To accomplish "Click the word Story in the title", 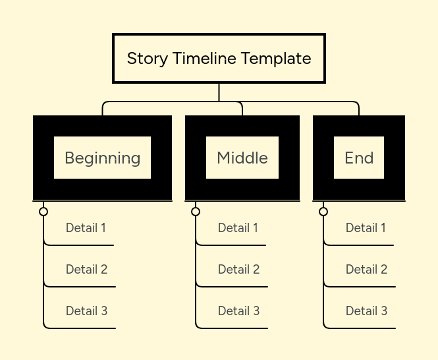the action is (148, 59).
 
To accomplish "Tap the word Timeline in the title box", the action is (204, 58).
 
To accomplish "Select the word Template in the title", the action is (276, 59).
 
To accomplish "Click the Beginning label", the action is (103, 158).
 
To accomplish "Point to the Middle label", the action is (242, 158).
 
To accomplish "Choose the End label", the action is (359, 158).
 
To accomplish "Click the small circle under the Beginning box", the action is (43, 212).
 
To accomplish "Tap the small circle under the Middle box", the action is (196, 212).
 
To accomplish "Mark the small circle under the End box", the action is (323, 212).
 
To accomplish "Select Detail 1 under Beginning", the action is (86, 227).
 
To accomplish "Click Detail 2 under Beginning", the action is (86, 270).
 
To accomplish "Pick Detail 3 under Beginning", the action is (86, 311).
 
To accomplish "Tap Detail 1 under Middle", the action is (238, 227).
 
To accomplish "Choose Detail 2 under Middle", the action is (239, 270).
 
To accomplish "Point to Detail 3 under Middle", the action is (239, 311).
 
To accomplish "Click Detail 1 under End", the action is (366, 227).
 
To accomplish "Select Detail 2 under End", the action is (366, 270).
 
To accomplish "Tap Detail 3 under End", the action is (366, 311).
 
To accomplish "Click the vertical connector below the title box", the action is (219, 92).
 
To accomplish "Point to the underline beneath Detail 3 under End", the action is (360, 328).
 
